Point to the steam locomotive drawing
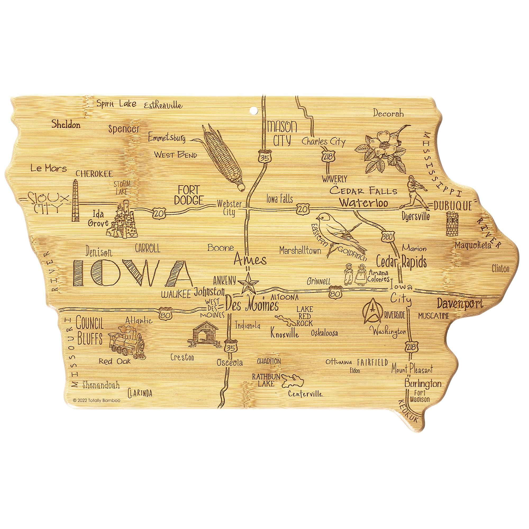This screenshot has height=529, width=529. [127, 342]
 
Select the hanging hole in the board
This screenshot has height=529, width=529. [254, 111]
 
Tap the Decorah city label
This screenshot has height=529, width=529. [388, 113]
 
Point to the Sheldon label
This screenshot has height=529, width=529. [66, 125]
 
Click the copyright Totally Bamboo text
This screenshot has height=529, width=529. [96, 400]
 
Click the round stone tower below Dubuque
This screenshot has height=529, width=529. [452, 224]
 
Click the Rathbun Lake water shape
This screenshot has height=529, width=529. [293, 381]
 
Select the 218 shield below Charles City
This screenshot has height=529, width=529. [328, 157]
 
